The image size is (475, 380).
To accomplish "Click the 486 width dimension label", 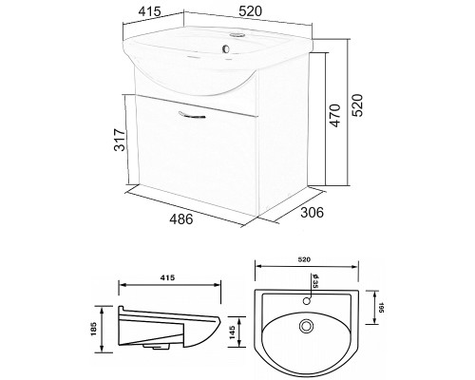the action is pyautogui.click(x=181, y=219).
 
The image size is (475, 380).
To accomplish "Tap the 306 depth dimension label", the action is pyautogui.click(x=312, y=213).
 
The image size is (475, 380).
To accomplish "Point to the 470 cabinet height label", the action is pyautogui.click(x=336, y=116).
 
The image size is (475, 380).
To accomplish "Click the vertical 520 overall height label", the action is pyautogui.click(x=357, y=105).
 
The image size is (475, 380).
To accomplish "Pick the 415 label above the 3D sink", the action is pyautogui.click(x=150, y=11).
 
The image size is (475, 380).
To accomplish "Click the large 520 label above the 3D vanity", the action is pyautogui.click(x=251, y=11).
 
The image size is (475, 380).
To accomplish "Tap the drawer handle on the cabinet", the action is pyautogui.click(x=192, y=115).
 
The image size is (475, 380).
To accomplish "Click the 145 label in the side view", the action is pyautogui.click(x=232, y=332).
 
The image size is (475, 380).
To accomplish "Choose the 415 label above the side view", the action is pyautogui.click(x=167, y=277).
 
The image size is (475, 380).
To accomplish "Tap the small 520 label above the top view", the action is pyautogui.click(x=304, y=259).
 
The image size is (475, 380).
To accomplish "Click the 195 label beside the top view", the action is pyautogui.click(x=381, y=308).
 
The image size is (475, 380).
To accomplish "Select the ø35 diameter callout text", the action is pyautogui.click(x=314, y=280).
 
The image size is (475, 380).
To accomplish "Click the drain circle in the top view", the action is pyautogui.click(x=306, y=326).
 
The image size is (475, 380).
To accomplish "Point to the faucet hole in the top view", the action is pyautogui.click(x=306, y=301).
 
